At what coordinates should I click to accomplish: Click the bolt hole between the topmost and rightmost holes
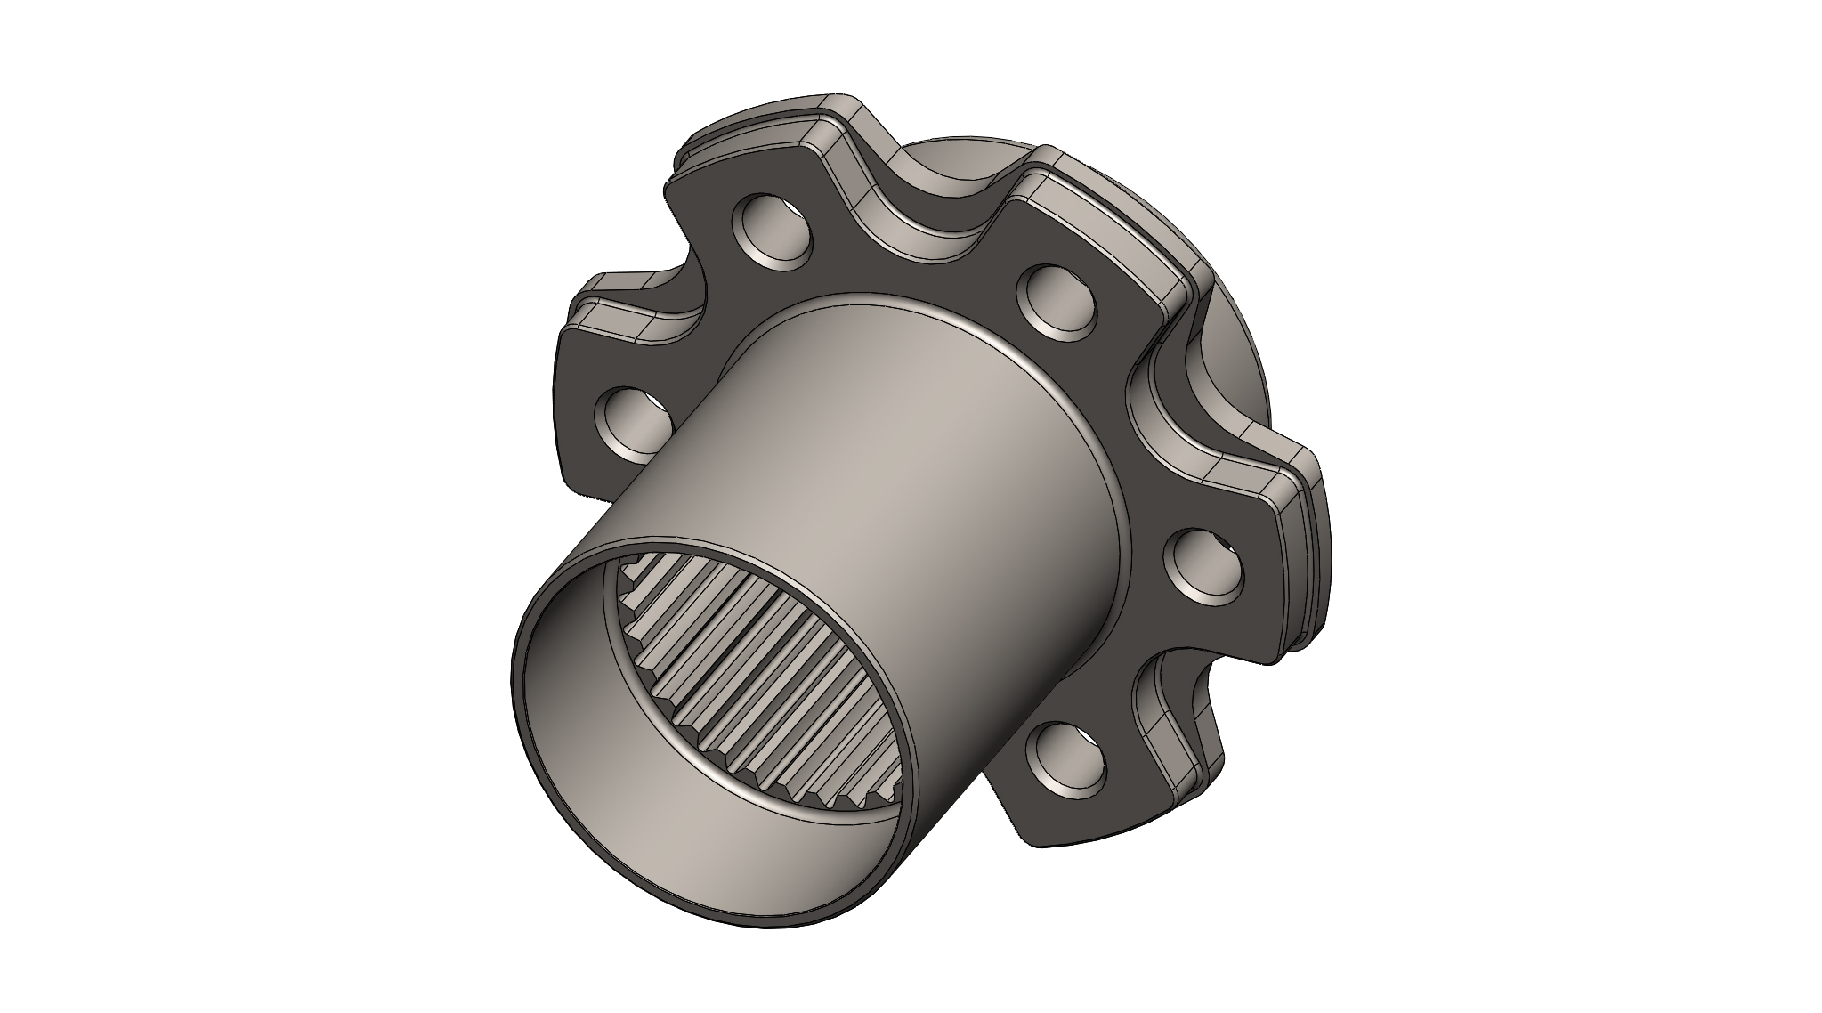pos(1061,304)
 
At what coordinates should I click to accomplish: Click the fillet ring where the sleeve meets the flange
pos(1123,498)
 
